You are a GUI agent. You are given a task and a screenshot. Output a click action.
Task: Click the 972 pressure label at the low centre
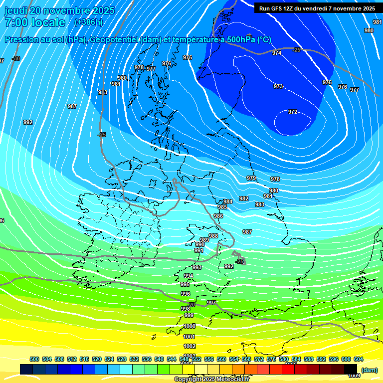pos(293,112)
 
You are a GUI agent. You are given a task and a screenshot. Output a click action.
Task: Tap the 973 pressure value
pos(278,86)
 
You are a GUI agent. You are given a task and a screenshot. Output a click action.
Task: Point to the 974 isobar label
pos(277,53)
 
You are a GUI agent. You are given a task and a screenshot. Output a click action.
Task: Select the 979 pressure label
pos(251,178)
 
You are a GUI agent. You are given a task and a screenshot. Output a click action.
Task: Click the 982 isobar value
pos(243,198)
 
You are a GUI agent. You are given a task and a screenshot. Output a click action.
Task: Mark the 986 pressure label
pos(218,216)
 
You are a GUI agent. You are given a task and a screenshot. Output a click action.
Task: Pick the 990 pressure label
pos(200,245)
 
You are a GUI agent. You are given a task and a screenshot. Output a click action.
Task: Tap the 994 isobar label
pos(189,276)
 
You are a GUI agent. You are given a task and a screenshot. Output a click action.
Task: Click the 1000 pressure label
pos(190,326)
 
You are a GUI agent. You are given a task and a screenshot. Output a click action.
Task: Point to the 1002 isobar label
pos(190,346)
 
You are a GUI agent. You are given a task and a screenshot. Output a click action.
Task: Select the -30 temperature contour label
pos(16,58)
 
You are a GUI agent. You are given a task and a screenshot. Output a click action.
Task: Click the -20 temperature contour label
pos(191,304)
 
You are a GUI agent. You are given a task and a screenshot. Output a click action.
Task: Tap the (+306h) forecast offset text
pos(88,22)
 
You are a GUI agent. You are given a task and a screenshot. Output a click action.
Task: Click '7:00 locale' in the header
pos(35,22)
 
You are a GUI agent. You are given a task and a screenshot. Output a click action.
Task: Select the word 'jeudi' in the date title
pos(16,10)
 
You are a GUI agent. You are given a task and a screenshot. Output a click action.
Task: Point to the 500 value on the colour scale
pos(34,359)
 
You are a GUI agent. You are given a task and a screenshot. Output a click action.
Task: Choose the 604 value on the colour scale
pos(358,359)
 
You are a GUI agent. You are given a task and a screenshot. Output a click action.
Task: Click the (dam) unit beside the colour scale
pos(370,370)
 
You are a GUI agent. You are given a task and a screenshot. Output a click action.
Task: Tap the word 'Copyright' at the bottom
pos(189,380)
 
